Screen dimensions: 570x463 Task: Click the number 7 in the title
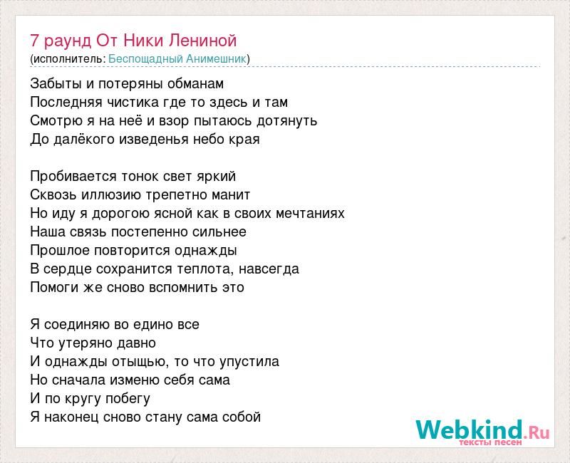[x=34, y=41]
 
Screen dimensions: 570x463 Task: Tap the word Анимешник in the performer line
[x=217, y=59]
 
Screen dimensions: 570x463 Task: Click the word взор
[x=174, y=122]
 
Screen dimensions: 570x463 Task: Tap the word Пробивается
[x=74, y=176]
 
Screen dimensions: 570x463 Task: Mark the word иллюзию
[x=111, y=194]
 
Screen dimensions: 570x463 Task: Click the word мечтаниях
[x=310, y=213]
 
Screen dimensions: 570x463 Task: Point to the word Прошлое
[x=60, y=251]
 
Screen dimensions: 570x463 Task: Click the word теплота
[x=205, y=269]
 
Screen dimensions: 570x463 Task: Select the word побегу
[x=128, y=399]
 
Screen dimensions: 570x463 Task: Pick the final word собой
[x=242, y=417]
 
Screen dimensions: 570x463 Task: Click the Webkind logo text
[x=470, y=430]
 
